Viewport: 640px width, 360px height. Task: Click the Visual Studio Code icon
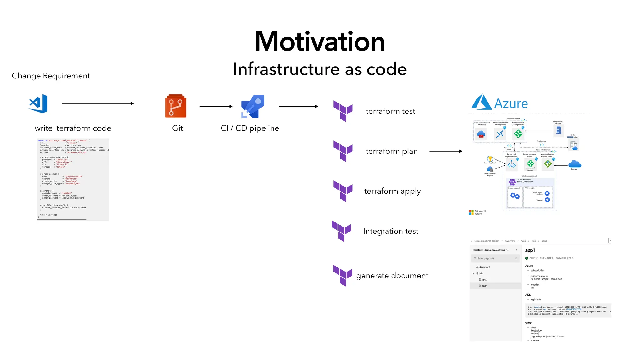click(38, 103)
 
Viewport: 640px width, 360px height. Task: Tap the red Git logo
click(176, 106)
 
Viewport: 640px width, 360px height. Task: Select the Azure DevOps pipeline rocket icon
click(253, 106)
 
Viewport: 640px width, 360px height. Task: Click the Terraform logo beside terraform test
click(343, 111)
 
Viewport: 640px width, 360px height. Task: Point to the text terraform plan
click(392, 151)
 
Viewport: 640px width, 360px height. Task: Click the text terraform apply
click(392, 191)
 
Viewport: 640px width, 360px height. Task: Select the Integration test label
click(391, 231)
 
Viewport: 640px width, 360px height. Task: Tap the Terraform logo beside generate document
click(343, 276)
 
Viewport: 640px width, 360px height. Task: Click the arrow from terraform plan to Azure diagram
click(446, 151)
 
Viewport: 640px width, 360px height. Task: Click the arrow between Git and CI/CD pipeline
click(216, 106)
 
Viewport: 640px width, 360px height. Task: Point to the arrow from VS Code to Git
click(98, 103)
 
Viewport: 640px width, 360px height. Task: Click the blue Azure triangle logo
click(481, 102)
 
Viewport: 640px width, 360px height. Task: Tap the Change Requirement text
click(51, 76)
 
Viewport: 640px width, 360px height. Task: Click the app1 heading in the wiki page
click(530, 250)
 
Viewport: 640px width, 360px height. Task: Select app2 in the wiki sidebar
click(484, 280)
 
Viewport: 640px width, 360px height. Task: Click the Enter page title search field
click(494, 258)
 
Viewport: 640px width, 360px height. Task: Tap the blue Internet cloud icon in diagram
click(575, 164)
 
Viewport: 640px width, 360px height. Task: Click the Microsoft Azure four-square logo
click(471, 212)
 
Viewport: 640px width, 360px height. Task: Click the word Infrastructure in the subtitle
click(286, 69)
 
